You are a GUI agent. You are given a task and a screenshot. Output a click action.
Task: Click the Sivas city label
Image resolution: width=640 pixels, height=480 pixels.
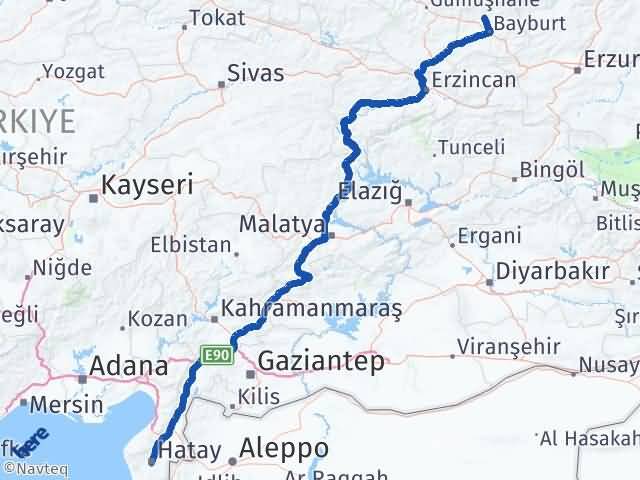pos(256,73)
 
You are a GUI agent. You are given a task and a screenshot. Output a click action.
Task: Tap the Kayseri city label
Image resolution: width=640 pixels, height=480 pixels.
pos(148,185)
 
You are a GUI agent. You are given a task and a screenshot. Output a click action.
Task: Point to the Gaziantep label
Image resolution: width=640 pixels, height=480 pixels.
pos(320,362)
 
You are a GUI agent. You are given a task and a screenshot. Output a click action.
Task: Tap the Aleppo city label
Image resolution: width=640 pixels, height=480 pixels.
pos(284,447)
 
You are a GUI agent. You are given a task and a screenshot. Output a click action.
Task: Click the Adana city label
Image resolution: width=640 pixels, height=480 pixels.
pos(128,366)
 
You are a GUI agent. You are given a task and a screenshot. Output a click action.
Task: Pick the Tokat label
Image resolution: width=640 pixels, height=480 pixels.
pos(217,18)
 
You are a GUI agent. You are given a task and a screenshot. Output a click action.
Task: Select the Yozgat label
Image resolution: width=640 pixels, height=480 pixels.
pos(74,72)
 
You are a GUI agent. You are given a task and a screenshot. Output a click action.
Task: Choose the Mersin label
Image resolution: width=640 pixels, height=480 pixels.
pos(67,405)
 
